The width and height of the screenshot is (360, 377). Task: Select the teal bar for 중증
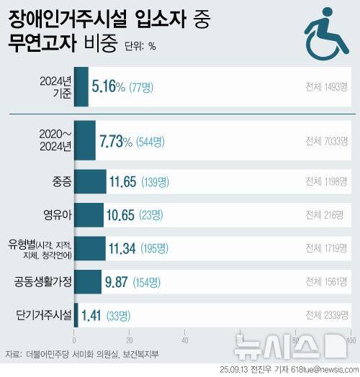click(90, 181)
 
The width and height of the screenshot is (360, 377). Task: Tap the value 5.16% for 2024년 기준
click(108, 88)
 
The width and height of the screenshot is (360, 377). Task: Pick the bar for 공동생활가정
click(88, 281)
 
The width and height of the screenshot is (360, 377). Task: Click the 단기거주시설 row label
click(44, 314)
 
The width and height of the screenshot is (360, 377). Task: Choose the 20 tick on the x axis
click(130, 340)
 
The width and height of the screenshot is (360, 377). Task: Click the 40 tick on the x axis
click(184, 340)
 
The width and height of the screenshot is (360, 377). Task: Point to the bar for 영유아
click(89, 214)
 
